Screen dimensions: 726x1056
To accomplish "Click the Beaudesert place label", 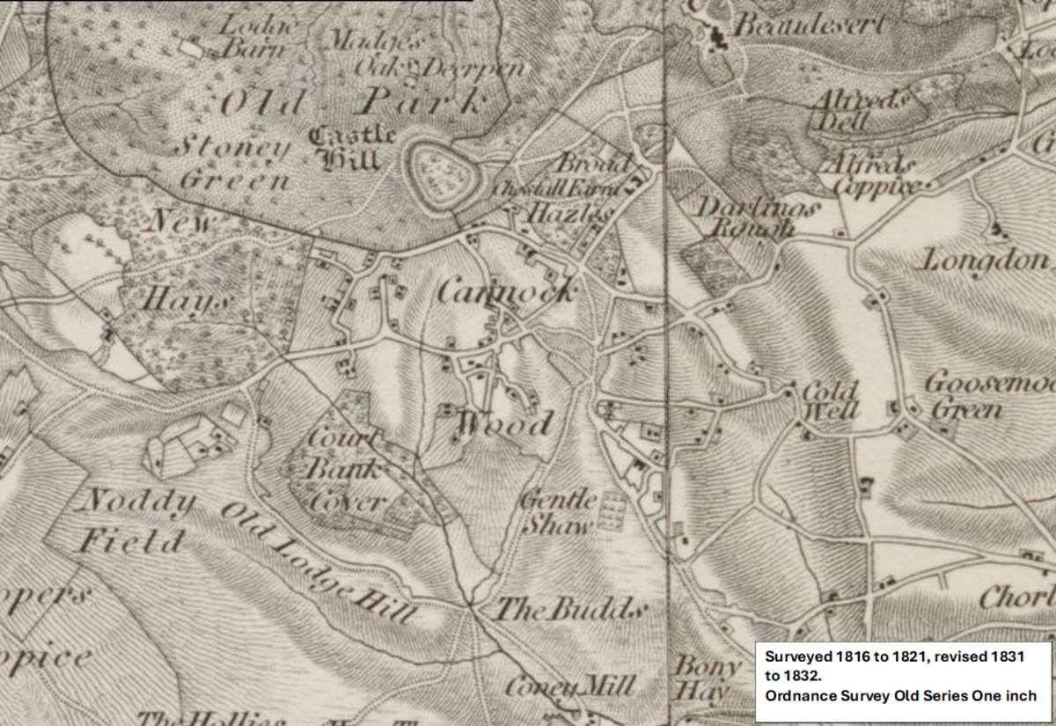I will point(810,26).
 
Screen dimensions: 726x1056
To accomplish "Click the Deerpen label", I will point(474,68).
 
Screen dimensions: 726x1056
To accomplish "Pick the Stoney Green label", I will point(234,163).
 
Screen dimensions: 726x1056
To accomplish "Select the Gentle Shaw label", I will point(555,512).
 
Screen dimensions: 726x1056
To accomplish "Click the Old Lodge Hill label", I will point(316,563).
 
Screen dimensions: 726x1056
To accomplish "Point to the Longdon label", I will point(986,260).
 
